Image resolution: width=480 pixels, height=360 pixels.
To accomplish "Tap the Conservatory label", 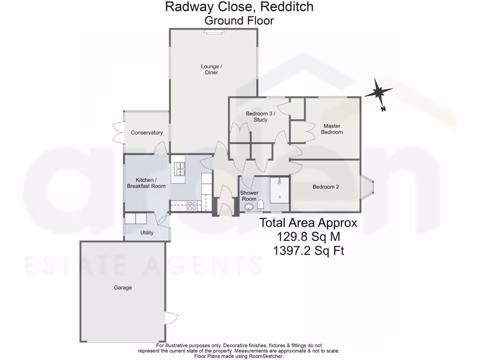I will (x=147, y=133).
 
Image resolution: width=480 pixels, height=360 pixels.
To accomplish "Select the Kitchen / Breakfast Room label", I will (x=146, y=183).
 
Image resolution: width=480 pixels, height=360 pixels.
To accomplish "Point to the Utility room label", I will (x=147, y=232).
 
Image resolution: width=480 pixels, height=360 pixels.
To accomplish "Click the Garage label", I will (x=122, y=288).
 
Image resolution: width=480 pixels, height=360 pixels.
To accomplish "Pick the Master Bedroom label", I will (x=331, y=129).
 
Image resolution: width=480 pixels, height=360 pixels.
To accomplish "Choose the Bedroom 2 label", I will (x=326, y=187).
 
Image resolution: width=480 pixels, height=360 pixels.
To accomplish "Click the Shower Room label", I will (x=249, y=196).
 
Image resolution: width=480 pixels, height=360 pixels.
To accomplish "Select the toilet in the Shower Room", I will (x=261, y=205).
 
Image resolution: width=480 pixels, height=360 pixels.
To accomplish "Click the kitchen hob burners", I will (x=193, y=204).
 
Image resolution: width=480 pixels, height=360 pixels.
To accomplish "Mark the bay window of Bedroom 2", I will (x=367, y=187).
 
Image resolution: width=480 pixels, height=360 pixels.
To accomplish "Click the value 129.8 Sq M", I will (x=308, y=237).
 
